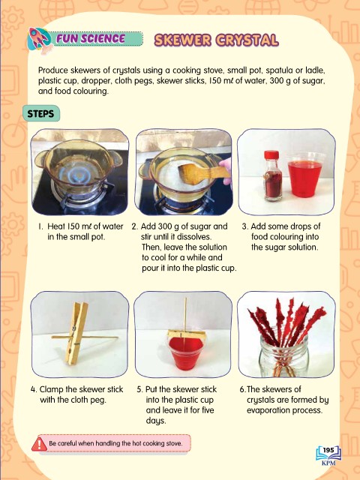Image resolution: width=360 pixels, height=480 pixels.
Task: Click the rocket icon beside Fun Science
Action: point(39,39)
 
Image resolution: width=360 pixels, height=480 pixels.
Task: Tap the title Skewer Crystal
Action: point(217,40)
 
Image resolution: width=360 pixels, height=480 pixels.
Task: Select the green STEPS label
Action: point(41,114)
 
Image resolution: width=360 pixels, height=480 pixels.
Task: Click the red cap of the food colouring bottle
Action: point(271,155)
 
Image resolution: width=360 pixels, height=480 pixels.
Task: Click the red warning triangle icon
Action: point(40,444)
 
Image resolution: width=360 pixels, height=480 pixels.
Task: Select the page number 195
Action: point(328,450)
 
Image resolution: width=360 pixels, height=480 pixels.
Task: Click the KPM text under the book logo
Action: point(328,463)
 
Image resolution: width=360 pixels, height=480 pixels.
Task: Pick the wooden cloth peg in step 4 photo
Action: point(76,333)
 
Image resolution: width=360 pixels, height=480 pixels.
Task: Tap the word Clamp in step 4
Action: point(52,390)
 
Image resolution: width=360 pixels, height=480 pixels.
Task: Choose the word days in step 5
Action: point(156,421)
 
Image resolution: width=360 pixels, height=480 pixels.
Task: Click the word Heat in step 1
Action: point(56,226)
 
